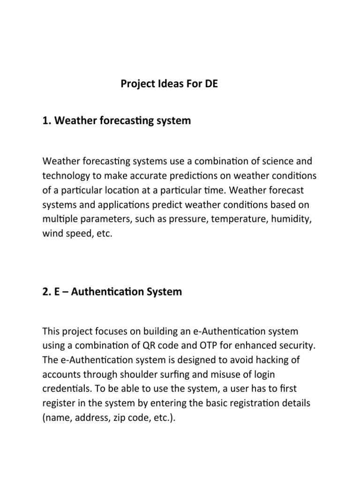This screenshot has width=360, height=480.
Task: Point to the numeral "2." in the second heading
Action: (47, 292)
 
